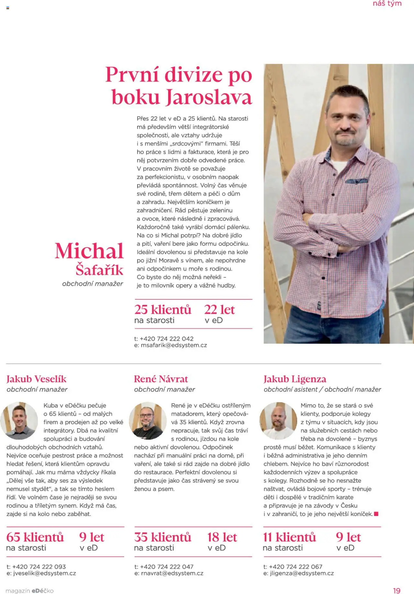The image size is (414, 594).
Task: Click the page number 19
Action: pyautogui.click(x=397, y=591)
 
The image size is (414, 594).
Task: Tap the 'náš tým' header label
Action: pyautogui.click(x=387, y=4)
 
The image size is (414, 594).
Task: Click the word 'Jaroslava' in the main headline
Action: pyautogui.click(x=209, y=97)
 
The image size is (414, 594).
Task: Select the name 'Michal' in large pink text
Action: pyautogui.click(x=89, y=251)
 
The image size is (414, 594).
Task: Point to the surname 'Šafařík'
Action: pyautogui.click(x=99, y=270)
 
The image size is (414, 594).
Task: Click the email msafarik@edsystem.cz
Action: pyautogui.click(x=174, y=345)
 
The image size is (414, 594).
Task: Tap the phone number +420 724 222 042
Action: pyautogui.click(x=167, y=339)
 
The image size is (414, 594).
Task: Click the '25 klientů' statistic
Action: pyautogui.click(x=163, y=310)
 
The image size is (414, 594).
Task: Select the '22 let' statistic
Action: pyautogui.click(x=219, y=310)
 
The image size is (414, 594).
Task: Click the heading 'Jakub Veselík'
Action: pyautogui.click(x=36, y=379)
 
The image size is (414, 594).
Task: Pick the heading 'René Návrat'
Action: pyautogui.click(x=161, y=379)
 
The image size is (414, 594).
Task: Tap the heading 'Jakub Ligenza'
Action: pyautogui.click(x=295, y=379)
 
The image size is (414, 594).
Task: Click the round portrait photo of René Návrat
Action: pyautogui.click(x=148, y=420)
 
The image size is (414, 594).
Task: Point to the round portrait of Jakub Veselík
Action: pyautogui.click(x=19, y=420)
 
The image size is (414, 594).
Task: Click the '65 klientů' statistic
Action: pyautogui.click(x=35, y=537)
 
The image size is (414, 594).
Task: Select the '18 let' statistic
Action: pyautogui.click(x=222, y=537)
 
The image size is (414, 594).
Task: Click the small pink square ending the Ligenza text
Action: pyautogui.click(x=376, y=514)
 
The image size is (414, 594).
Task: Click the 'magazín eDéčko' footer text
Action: pyautogui.click(x=29, y=591)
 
